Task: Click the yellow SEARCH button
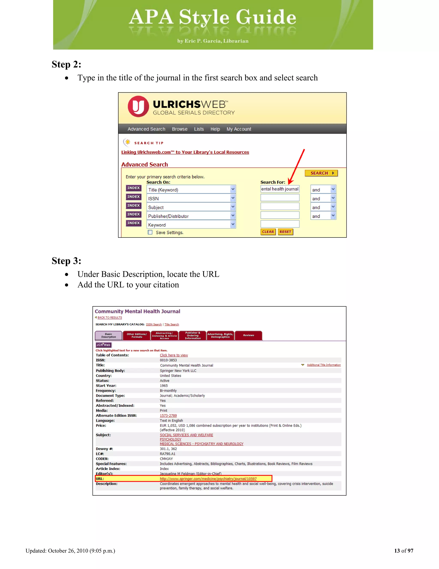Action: (x=321, y=173)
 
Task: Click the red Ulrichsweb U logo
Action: (x=138, y=106)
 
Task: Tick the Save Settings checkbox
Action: (x=150, y=232)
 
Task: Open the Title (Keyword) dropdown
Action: (x=191, y=189)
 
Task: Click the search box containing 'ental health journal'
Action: (x=280, y=189)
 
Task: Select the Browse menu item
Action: (x=179, y=129)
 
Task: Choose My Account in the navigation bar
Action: (x=239, y=129)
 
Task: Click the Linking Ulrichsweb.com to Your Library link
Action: (x=185, y=152)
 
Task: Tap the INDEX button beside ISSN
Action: (x=133, y=197)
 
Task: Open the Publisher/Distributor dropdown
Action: (x=191, y=216)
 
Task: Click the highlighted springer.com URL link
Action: (x=208, y=479)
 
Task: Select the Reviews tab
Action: (x=248, y=335)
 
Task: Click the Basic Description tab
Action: (x=108, y=336)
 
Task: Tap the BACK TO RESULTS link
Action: (x=110, y=317)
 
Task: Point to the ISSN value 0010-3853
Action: (x=168, y=360)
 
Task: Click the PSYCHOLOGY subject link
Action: (x=170, y=439)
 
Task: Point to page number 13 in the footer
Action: (x=397, y=551)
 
